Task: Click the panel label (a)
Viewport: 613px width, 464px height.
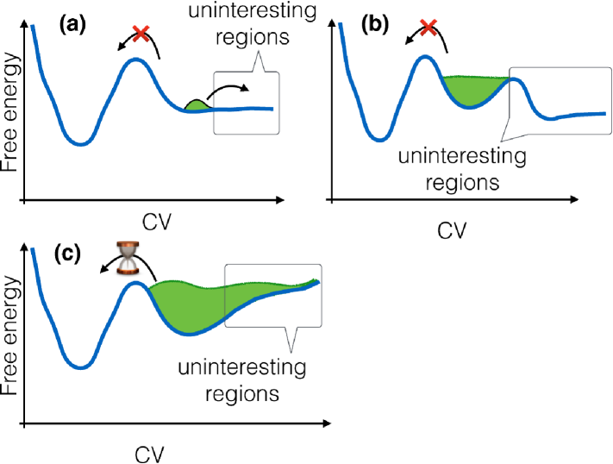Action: point(71,25)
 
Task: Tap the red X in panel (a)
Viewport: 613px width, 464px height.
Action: point(141,34)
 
